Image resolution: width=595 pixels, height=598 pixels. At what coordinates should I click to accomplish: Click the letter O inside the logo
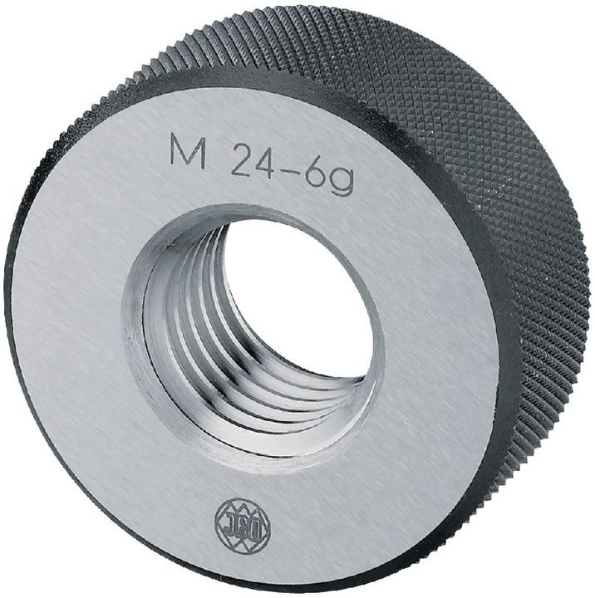(254, 524)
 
